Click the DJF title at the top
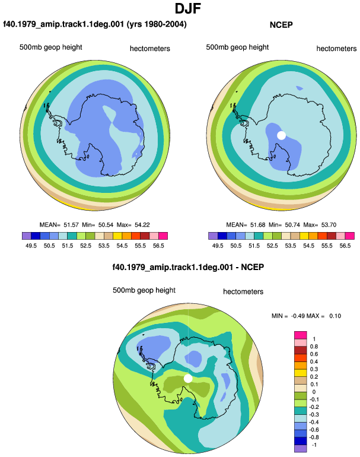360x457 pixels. [188, 9]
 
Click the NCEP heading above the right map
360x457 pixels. [281, 25]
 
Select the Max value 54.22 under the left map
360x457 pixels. [142, 225]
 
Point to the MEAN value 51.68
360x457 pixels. [258, 225]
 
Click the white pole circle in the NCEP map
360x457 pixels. [281, 135]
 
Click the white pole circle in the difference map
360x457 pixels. [188, 379]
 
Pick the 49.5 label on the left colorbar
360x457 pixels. [31, 246]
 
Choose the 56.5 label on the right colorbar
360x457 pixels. [345, 246]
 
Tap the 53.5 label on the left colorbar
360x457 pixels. [104, 246]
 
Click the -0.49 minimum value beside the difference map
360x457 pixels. [298, 316]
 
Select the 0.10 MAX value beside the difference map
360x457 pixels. [335, 316]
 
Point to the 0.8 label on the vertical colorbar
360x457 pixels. [314, 347]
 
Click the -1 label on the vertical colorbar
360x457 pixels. [314, 445]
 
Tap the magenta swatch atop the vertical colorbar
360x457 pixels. [301, 335]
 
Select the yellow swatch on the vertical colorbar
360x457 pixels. [301, 373]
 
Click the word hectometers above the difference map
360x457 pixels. [243, 291]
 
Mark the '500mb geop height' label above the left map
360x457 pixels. [50, 47]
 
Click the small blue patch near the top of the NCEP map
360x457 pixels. [300, 88]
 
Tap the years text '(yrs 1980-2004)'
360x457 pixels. [157, 24]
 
